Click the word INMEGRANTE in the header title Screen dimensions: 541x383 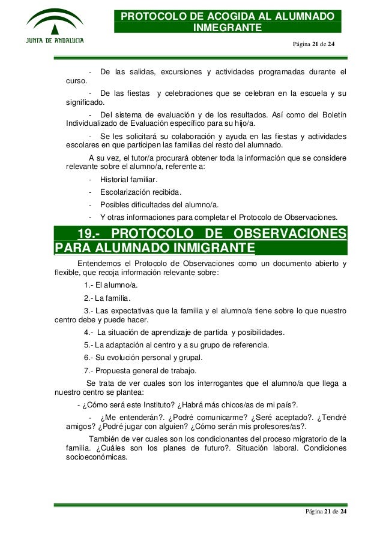(227, 28)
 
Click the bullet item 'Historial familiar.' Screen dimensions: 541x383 (129, 180)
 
